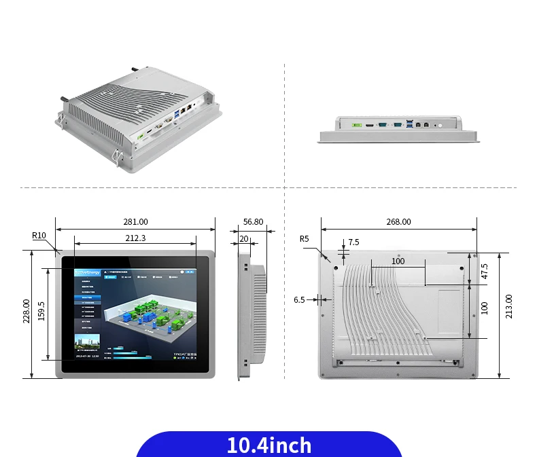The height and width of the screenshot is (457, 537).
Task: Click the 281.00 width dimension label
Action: pos(135,222)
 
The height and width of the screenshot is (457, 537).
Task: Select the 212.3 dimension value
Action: pos(135,238)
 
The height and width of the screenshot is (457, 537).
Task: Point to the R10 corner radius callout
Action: pos(39,236)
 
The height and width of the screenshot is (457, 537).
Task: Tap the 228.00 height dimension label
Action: pos(27,312)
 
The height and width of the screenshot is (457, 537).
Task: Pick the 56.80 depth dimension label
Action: pos(253,222)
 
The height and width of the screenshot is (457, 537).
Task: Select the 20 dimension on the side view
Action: pos(243,238)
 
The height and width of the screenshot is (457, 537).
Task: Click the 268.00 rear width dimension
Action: pos(398,222)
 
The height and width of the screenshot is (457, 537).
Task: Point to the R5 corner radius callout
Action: pos(304,238)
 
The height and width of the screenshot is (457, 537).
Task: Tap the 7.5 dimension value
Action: pos(353,242)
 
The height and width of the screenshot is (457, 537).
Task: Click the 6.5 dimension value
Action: pos(299,299)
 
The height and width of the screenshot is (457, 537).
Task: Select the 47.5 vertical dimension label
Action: pos(484,271)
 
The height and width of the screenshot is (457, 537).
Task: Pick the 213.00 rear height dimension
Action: pos(509,307)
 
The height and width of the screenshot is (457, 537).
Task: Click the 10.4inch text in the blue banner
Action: pos(268,445)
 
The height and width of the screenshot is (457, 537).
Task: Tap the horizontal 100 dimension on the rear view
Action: pos(398,261)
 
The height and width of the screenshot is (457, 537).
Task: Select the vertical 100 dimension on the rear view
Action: pos(484,307)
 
